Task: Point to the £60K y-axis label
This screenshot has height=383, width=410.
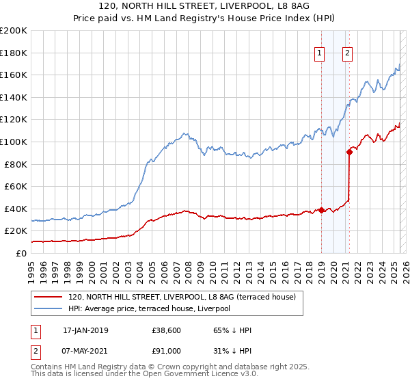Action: click(x=15, y=186)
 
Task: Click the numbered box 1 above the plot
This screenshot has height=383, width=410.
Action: click(x=320, y=54)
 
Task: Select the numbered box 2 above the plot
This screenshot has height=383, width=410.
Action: click(x=347, y=54)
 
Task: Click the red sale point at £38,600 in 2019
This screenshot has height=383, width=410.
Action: click(x=321, y=210)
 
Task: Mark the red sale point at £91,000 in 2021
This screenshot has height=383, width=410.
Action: click(x=349, y=152)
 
